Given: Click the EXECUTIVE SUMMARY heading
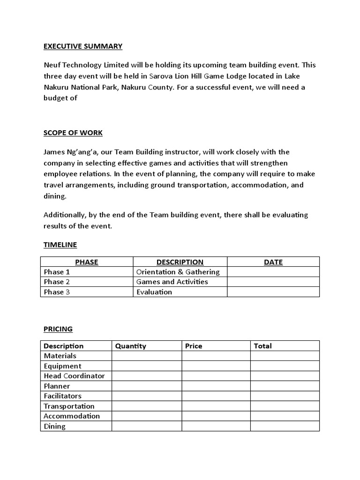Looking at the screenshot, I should click(83, 46).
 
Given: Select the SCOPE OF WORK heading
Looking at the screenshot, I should click(73, 133).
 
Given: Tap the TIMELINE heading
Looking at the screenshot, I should click(60, 245).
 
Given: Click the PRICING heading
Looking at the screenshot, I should click(58, 329).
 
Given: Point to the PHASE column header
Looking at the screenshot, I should click(87, 262).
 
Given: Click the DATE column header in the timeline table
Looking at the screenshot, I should click(273, 262).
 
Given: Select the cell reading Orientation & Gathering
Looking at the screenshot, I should click(178, 272).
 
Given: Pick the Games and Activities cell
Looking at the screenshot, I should click(172, 282).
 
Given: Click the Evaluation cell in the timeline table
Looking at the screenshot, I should click(154, 292).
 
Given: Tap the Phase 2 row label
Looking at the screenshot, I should click(57, 282).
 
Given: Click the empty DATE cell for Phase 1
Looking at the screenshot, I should click(273, 272).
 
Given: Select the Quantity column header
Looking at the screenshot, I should click(131, 346).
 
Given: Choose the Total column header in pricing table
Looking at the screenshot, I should click(262, 346).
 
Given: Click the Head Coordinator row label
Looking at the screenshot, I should click(74, 376).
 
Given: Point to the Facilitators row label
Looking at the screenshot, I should click(62, 396).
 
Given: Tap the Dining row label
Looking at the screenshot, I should click(54, 426).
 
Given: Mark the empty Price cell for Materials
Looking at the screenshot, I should click(216, 356).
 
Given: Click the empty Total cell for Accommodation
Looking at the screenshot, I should click(285, 416).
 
